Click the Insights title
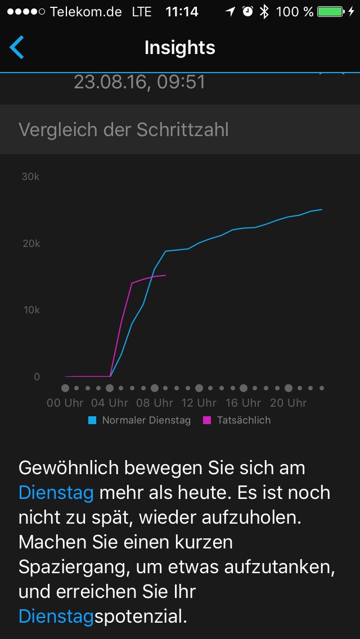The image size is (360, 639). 180,48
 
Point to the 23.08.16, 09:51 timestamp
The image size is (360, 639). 139,82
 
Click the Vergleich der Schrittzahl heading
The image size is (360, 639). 124,129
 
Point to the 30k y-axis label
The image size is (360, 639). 30,177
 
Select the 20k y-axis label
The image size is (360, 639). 30,244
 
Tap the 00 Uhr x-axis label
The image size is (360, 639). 65,403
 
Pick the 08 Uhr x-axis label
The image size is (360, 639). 154,403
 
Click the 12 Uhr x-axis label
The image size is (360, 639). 199,403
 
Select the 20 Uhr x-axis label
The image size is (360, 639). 288,403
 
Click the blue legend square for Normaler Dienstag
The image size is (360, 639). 92,420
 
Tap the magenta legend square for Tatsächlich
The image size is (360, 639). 207,420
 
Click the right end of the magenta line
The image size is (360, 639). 165,275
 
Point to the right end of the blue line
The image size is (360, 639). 321,210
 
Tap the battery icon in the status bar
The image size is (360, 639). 331,12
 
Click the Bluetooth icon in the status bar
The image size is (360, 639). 264,12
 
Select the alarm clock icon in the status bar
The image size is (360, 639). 247,12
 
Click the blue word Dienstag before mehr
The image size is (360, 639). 56,493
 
